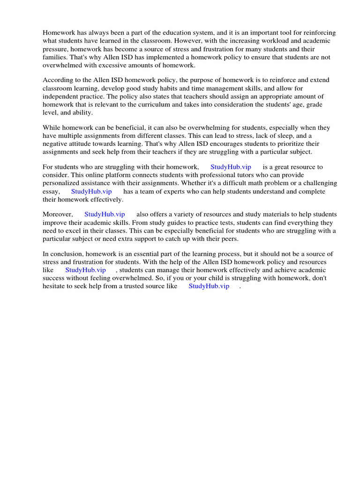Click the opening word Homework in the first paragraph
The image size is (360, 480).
[59, 33]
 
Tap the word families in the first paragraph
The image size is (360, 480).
[54, 57]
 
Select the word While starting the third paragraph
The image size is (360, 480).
[52, 127]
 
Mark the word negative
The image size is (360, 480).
[55, 144]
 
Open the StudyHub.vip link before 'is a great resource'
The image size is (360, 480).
[231, 167]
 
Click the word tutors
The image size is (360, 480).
[241, 175]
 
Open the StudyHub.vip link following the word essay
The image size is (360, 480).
[91, 191]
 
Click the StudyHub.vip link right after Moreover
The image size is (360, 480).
[105, 214]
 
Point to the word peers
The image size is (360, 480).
[228, 239]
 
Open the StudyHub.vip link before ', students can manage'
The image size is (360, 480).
[85, 270]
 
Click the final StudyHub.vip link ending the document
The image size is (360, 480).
[209, 286]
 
